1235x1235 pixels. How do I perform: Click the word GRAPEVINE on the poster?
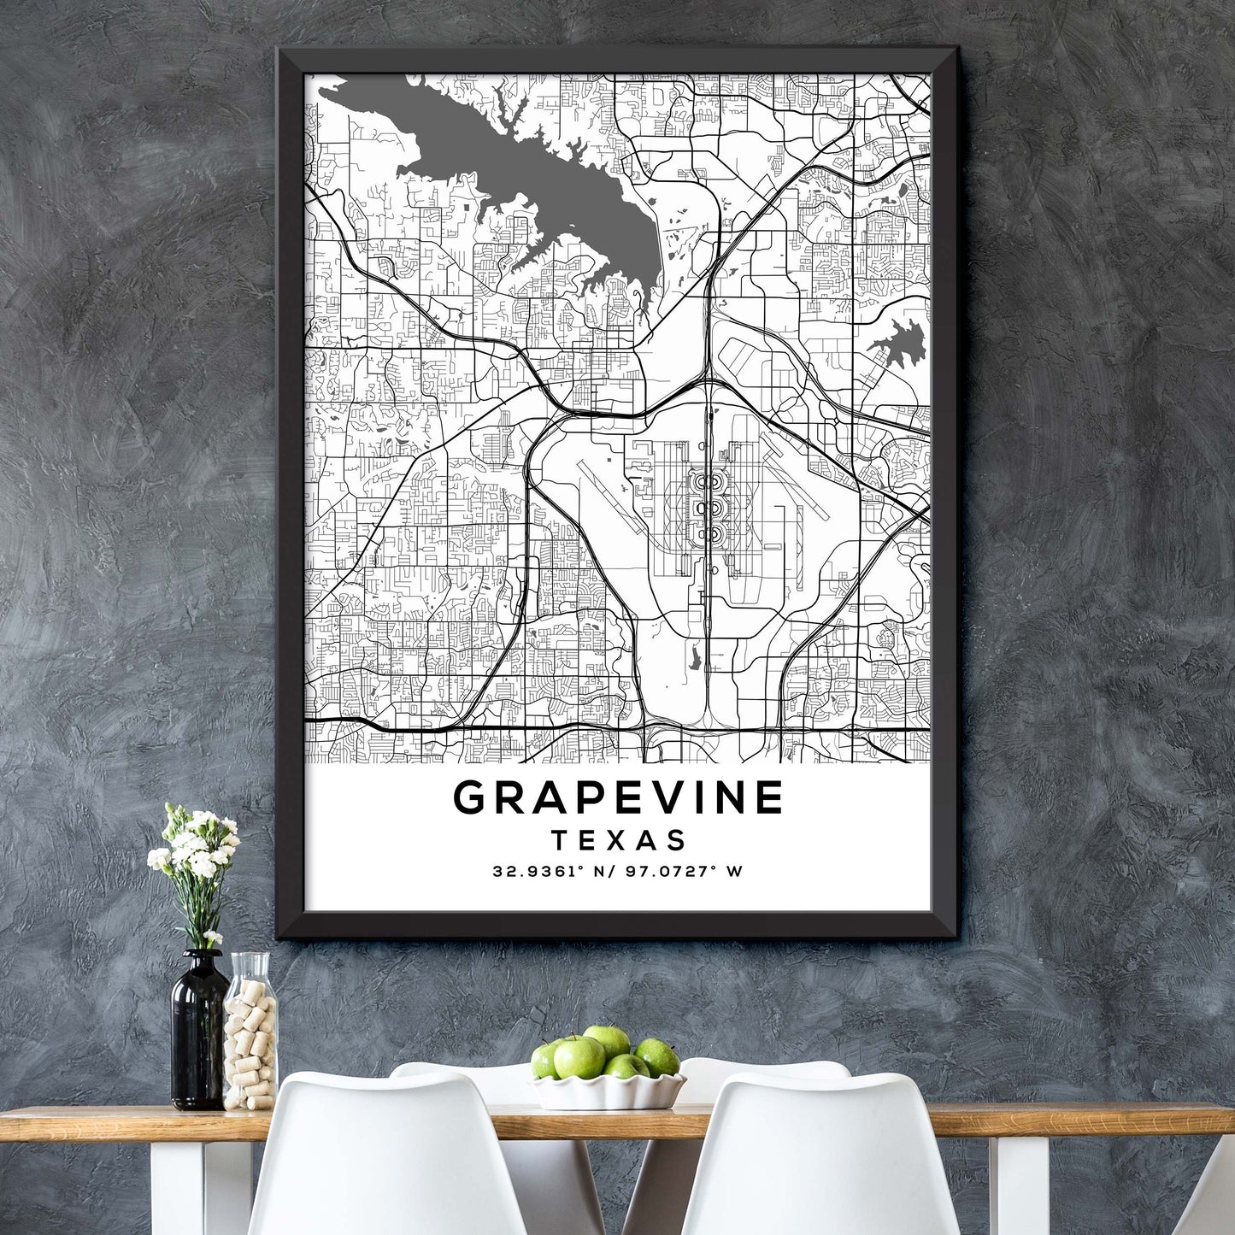(617, 797)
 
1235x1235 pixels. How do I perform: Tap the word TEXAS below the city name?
(618, 840)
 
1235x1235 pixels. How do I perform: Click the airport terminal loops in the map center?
(706, 509)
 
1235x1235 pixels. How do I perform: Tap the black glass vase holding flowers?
(197, 1034)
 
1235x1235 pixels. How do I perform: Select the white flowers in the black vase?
(195, 846)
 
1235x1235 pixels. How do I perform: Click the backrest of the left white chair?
(385, 1154)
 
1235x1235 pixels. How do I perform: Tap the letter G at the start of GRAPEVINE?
(470, 797)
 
